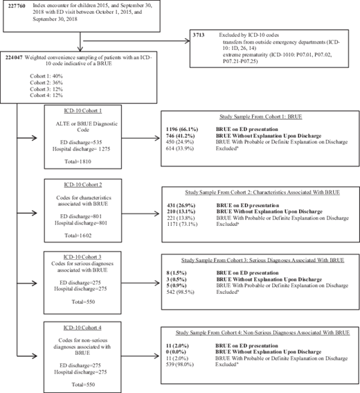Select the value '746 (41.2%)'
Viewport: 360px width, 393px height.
[x=183, y=137]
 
